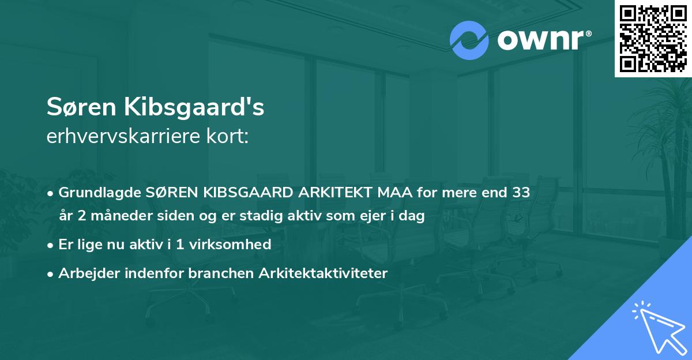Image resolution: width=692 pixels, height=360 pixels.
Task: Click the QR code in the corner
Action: coord(653,38)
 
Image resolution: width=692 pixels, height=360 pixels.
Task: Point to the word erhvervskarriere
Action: coord(112,137)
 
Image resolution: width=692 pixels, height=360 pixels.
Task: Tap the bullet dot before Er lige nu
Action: coord(51,245)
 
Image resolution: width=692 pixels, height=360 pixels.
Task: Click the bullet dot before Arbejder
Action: coord(51,273)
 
